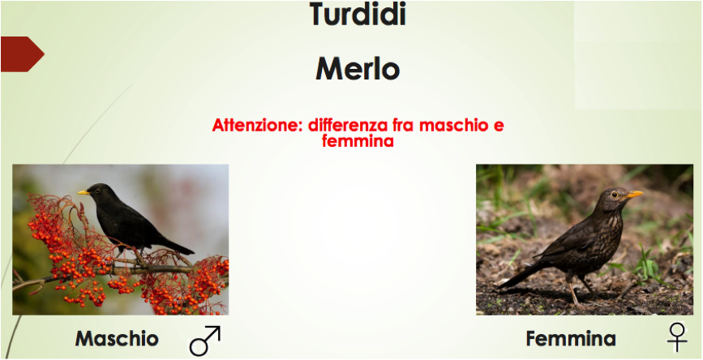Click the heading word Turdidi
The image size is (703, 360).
358,14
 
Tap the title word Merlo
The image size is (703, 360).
358,69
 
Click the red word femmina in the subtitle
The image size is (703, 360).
358,141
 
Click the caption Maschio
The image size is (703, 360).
117,338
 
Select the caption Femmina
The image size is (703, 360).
571,338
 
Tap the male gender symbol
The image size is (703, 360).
205,341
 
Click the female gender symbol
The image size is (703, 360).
677,337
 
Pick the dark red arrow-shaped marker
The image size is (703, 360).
22,54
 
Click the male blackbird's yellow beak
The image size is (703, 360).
84,192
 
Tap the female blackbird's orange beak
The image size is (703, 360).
634,194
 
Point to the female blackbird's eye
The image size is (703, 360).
615,195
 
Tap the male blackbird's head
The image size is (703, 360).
96,191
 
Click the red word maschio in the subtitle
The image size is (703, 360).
453,125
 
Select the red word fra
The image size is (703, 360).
401,125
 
